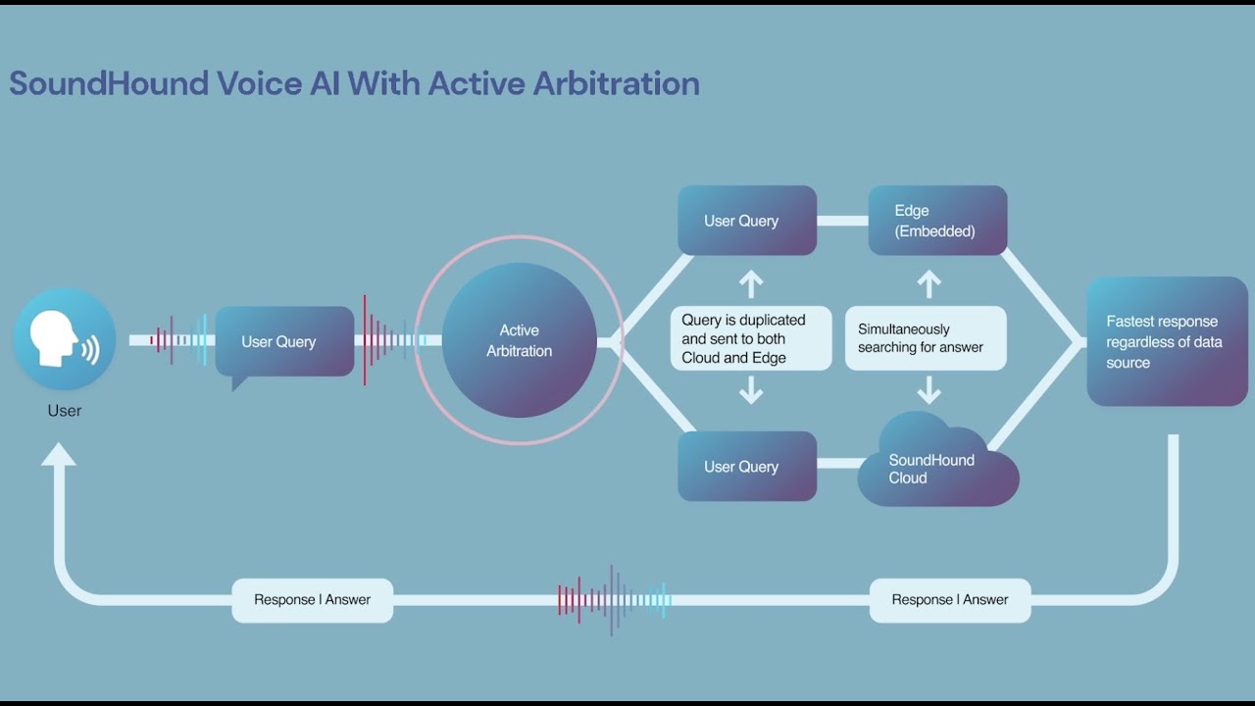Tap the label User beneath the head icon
65,411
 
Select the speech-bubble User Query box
284,342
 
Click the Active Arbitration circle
519,340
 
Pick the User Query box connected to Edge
747,221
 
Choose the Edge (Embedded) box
937,221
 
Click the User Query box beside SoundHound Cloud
747,467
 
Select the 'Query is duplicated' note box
751,339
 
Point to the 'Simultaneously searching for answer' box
926,339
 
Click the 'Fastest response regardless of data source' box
1167,341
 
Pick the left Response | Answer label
312,599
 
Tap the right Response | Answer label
949,599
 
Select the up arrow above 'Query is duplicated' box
751,283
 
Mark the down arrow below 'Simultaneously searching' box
929,392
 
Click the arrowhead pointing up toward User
59,455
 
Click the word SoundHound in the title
108,83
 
